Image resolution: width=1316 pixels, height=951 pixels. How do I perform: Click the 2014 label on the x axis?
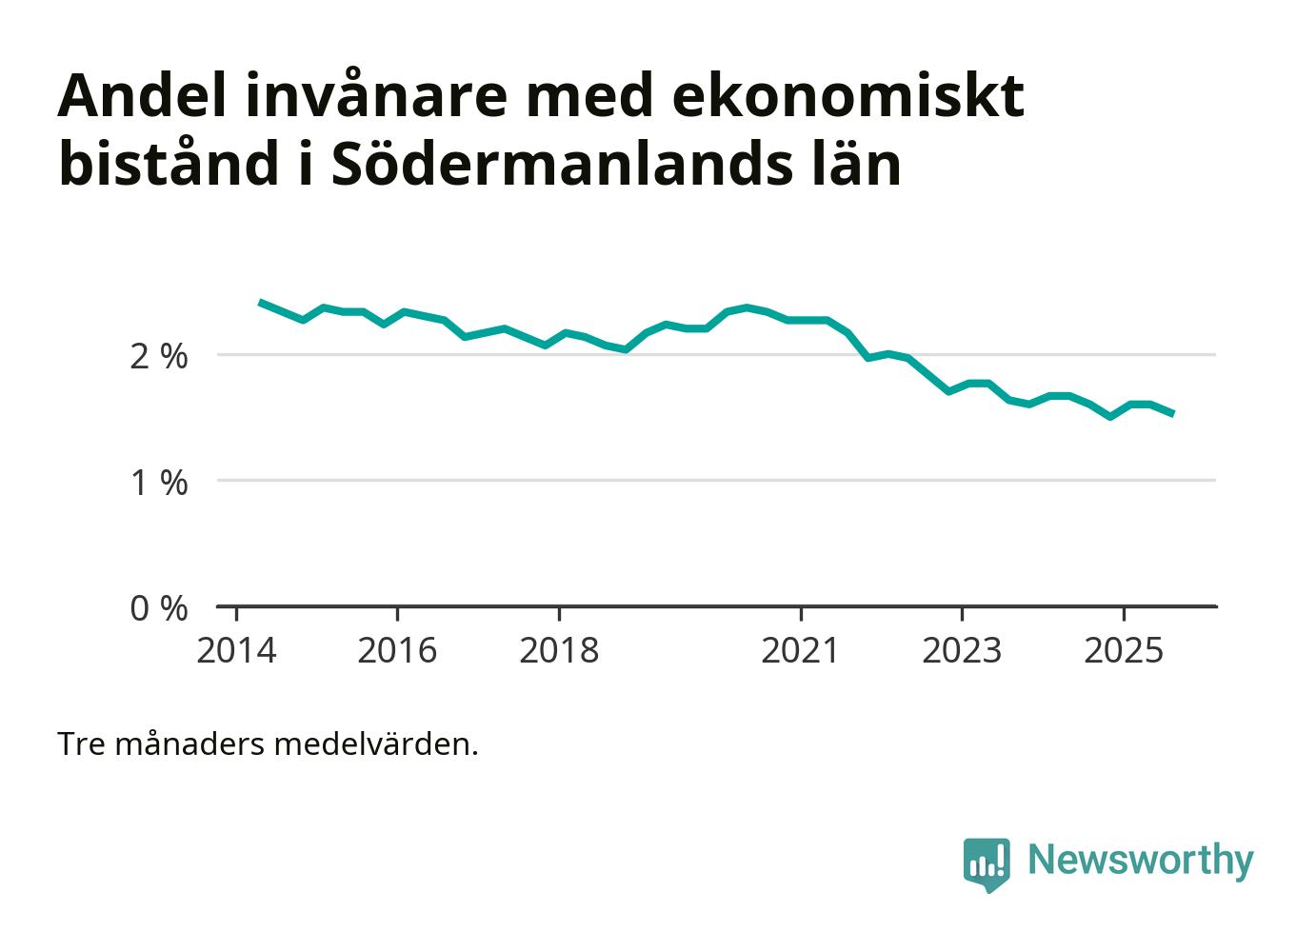click(236, 651)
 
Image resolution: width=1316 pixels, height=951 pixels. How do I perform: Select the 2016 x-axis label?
click(397, 651)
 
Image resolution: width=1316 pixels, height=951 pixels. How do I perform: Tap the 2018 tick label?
click(559, 651)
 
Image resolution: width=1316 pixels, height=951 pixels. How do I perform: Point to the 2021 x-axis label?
click(801, 651)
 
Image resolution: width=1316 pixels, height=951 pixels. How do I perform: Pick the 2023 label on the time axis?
click(962, 651)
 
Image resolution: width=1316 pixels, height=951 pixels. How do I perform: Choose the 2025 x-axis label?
click(1124, 651)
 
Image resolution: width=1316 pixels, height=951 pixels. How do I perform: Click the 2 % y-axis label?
click(159, 357)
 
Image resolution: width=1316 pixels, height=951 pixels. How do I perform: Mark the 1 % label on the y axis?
click(159, 483)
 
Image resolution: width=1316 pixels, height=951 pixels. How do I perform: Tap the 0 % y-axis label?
click(159, 608)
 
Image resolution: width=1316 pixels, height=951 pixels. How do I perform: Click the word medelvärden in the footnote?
click(376, 743)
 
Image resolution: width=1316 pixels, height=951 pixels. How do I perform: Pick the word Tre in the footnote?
click(82, 743)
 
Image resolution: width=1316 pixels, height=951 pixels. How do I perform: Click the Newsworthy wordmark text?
click(1141, 860)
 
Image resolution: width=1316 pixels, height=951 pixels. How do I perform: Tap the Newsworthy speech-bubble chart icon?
click(986, 863)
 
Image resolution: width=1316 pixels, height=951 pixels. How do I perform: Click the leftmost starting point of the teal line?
click(261, 302)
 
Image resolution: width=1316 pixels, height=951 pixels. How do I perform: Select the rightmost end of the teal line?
click(1172, 413)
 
